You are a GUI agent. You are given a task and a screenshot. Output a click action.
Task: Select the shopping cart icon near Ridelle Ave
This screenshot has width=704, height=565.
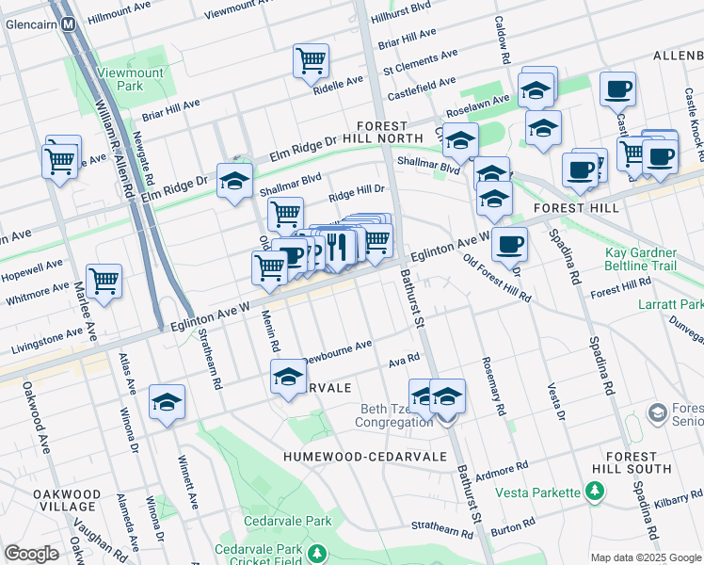tap(311, 61)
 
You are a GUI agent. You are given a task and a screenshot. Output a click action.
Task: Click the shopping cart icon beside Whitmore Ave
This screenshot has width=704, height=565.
tap(104, 281)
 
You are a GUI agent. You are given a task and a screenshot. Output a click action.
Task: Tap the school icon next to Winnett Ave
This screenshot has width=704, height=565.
tap(167, 402)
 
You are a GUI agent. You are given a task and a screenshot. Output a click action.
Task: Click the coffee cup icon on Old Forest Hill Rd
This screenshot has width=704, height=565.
tap(509, 245)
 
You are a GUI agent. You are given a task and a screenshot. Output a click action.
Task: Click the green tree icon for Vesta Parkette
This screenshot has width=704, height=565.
tap(594, 491)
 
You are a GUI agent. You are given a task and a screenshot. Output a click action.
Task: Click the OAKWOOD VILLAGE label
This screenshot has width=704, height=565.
tap(66, 500)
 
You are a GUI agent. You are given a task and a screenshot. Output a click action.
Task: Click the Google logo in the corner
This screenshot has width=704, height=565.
tap(31, 554)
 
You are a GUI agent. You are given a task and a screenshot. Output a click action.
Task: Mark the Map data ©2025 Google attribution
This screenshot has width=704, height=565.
tap(645, 557)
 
